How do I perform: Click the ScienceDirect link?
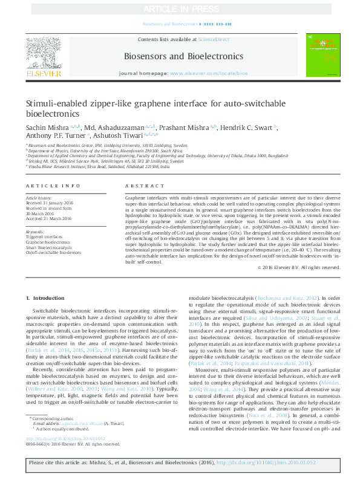click(x=214, y=39)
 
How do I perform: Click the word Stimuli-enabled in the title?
click(x=54, y=103)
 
